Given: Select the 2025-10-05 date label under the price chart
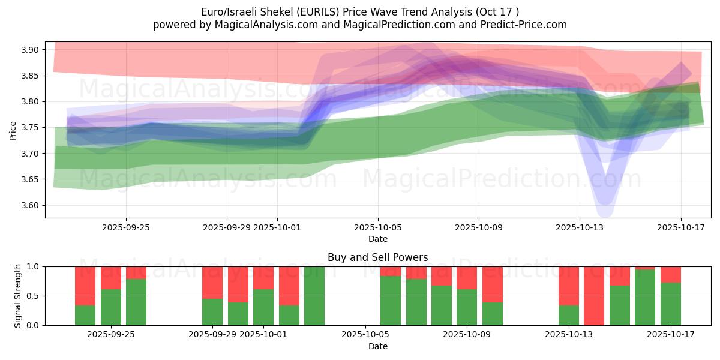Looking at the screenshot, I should [378, 227].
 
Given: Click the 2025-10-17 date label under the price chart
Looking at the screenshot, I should [680, 227].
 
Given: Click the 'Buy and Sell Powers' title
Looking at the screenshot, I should [377, 257].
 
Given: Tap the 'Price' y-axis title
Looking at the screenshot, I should [13, 130].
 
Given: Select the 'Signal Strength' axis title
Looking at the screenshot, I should [18, 296].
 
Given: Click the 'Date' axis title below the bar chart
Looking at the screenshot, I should [377, 346].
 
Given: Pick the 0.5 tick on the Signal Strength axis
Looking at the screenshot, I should [32, 296].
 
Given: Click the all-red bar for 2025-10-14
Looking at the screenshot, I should [594, 296].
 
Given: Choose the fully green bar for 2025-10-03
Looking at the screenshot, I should [314, 296].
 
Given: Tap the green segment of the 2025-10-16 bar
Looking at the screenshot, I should [645, 298].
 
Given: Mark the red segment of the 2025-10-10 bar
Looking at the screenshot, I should [493, 284].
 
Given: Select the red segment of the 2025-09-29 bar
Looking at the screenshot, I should [212, 282].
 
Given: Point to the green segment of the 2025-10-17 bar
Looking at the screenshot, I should [671, 304].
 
